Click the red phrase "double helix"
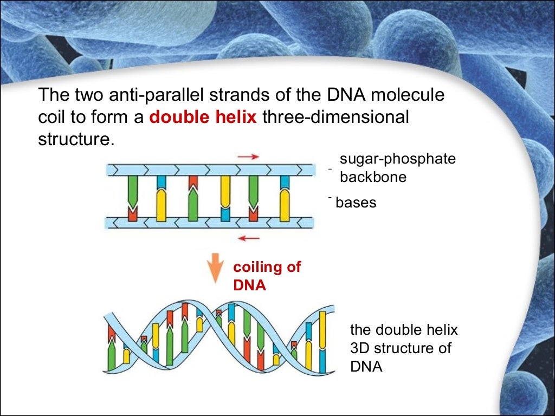203,118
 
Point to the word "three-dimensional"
335,118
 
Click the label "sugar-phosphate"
398,159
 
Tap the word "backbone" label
373,177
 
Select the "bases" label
356,203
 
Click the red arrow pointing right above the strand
248,157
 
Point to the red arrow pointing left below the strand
249,237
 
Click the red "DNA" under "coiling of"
250,285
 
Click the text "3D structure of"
401,348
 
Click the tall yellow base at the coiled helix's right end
323,341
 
